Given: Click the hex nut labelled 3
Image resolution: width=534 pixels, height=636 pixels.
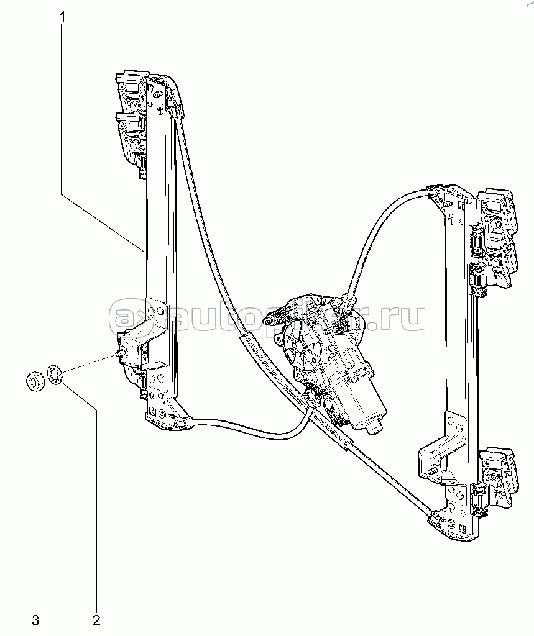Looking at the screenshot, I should pos(35,380).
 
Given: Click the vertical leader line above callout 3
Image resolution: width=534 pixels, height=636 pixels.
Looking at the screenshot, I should pos(35,497).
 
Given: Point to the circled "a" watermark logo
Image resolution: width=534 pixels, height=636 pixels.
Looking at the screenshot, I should pos(122,318).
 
